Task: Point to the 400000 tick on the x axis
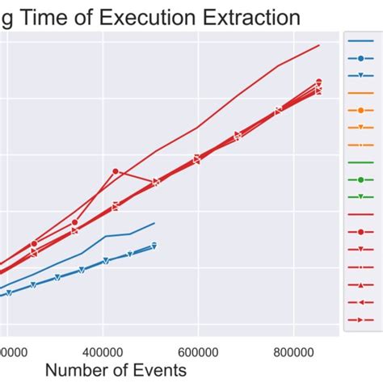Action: point(103,352)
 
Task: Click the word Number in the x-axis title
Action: point(80,370)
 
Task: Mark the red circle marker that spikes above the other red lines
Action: point(116,171)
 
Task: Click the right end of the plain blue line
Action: point(154,223)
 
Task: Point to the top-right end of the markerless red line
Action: point(320,46)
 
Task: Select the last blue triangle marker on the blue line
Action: point(154,245)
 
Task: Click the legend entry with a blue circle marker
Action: point(360,58)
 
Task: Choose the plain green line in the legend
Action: point(360,162)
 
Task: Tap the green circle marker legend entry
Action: point(360,179)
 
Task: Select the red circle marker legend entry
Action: point(360,232)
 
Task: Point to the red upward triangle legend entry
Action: point(360,284)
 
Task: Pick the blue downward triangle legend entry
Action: point(360,75)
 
